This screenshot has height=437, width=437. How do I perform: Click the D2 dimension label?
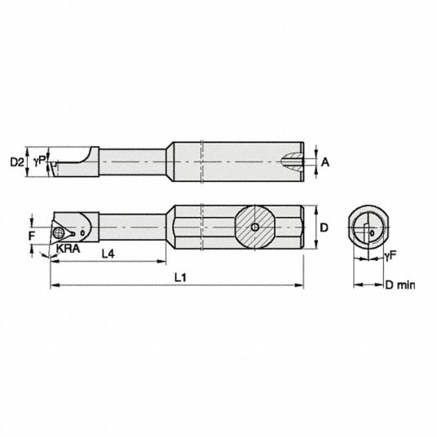pos(17,161)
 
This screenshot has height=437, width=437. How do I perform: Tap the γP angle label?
pos(39,161)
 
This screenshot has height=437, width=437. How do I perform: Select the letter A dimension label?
pos(324,162)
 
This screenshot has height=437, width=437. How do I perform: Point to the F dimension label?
pos(32,236)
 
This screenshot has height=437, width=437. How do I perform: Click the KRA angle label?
pos(68,249)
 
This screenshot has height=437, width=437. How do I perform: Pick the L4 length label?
pos(108,254)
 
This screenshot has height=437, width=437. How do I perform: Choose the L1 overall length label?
pos(180,277)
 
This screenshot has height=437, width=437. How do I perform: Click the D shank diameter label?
pos(324,227)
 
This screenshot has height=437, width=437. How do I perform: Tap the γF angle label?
pos(391,255)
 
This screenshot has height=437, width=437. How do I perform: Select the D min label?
pos(400,285)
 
